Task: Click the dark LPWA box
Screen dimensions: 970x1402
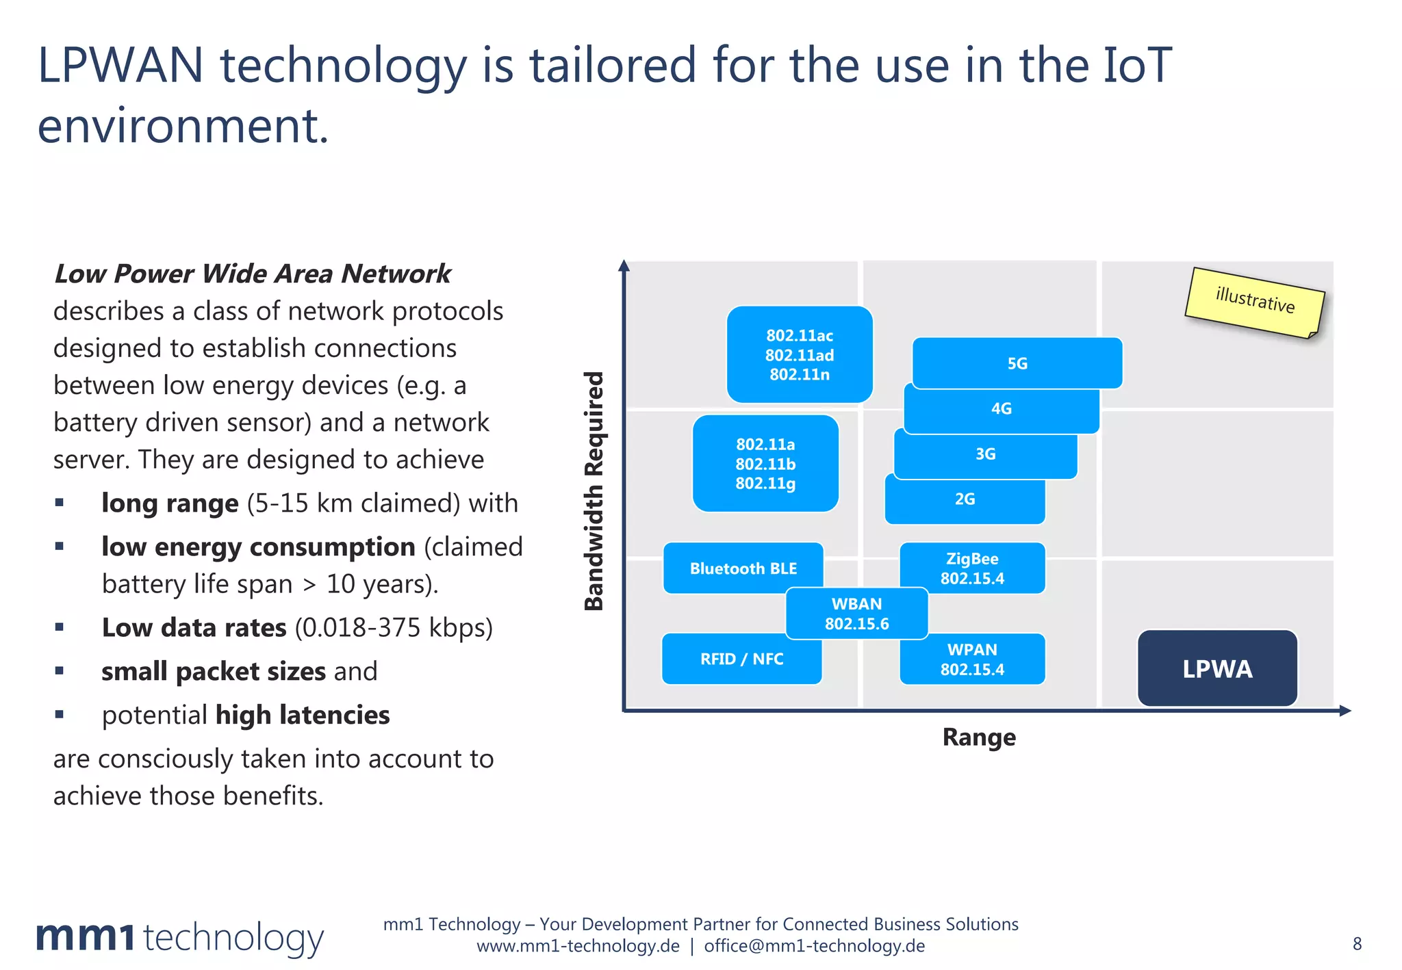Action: coord(1217,668)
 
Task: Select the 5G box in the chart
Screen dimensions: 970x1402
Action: coord(1017,363)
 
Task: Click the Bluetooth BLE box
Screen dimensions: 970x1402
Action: coord(743,568)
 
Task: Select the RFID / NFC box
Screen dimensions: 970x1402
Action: coord(741,659)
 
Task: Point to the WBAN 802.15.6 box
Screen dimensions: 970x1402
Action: coord(856,614)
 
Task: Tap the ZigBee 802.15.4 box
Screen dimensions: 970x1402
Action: coord(972,568)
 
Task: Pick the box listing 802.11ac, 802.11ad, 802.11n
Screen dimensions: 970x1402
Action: coord(800,354)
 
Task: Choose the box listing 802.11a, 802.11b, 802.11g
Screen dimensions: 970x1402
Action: coord(765,463)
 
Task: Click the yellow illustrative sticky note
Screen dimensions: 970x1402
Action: coord(1255,301)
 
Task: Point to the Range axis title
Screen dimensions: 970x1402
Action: coord(979,737)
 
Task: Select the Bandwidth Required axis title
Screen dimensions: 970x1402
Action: coord(594,490)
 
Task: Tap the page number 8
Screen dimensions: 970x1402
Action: coord(1357,944)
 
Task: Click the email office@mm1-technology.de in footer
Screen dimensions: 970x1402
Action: coord(814,946)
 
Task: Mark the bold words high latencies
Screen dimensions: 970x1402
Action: coord(302,715)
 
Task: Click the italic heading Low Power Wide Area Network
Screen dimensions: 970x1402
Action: coord(252,274)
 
